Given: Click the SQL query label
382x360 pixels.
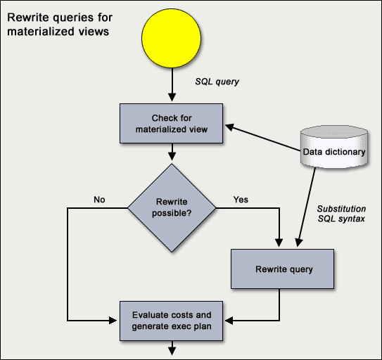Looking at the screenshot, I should [x=217, y=82].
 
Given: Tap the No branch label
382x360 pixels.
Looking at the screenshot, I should [x=99, y=200].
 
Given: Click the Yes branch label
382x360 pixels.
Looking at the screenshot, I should [x=241, y=200].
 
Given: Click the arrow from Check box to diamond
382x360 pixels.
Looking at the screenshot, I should [x=172, y=153].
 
